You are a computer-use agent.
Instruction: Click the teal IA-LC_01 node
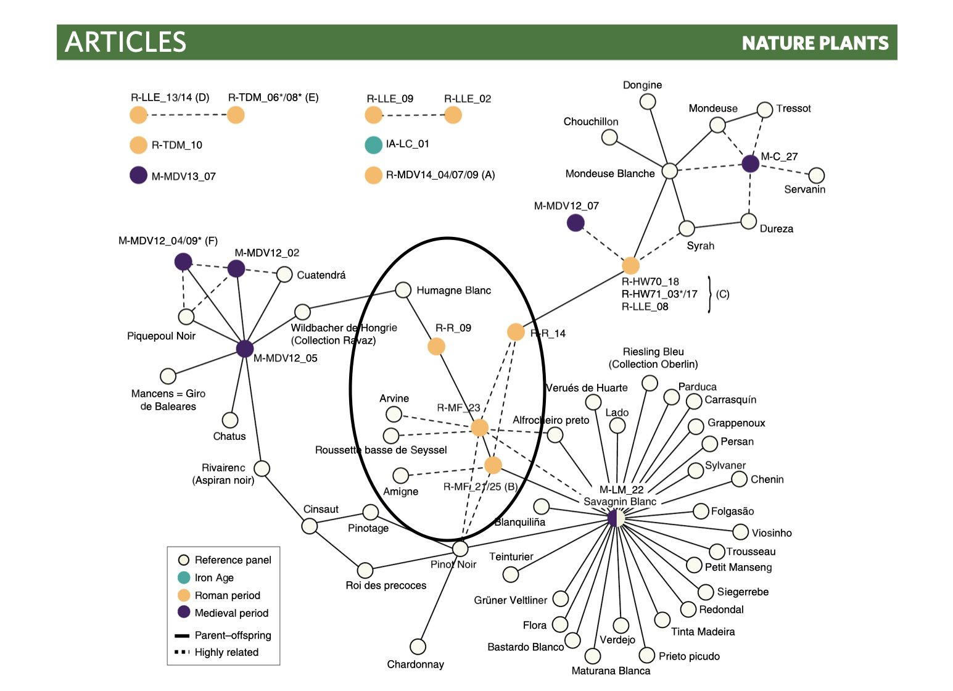pos(374,144)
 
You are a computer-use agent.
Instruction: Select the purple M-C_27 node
pos(750,163)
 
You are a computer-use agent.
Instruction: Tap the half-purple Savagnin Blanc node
pos(616,518)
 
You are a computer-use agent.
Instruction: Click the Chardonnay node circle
pos(418,647)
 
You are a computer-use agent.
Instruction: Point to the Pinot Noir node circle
pos(460,548)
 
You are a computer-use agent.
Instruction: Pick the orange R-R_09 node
pos(436,346)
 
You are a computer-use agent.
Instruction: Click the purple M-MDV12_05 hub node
pos(245,349)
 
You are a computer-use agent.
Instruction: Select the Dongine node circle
pos(648,102)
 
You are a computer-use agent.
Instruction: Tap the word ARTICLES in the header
pos(125,42)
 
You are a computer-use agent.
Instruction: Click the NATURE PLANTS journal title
pos(815,43)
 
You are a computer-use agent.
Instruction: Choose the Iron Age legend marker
pos(184,577)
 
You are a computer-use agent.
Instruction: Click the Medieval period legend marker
pos(184,612)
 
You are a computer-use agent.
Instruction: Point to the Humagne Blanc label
pos(453,290)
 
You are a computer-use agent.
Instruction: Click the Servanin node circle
pos(817,175)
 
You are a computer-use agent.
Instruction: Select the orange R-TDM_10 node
pos(138,145)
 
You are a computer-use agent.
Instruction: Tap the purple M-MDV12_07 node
pos(576,223)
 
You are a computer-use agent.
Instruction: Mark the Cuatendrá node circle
pos(284,275)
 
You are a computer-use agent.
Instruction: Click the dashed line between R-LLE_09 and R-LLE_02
pos(413,115)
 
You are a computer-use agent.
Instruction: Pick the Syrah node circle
pos(687,228)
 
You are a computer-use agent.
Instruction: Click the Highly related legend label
pos(226,652)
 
